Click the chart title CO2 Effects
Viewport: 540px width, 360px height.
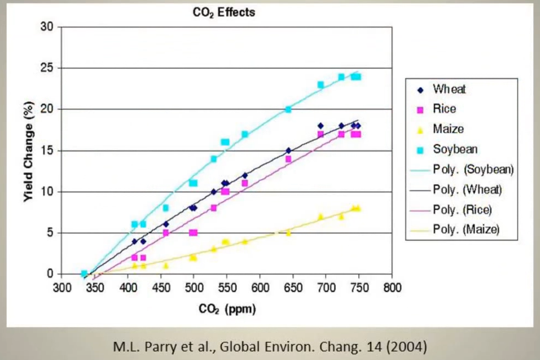224,12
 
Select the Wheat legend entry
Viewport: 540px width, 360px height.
448,88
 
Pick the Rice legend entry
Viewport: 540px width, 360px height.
444,109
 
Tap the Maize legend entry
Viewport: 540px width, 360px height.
448,129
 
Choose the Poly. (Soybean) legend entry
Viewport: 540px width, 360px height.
473,169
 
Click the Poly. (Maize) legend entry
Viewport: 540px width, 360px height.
466,229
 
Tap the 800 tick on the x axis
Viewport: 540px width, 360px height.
392,287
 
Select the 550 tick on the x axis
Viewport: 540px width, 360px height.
226,287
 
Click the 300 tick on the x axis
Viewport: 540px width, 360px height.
62,287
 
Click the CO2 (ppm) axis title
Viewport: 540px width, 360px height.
227,309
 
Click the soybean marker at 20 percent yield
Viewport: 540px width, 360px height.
288,109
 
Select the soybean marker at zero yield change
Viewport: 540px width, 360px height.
84,273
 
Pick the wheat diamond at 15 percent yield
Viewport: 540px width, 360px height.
288,150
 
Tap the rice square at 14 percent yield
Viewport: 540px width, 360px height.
288,159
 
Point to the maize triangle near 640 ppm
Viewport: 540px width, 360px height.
288,232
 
